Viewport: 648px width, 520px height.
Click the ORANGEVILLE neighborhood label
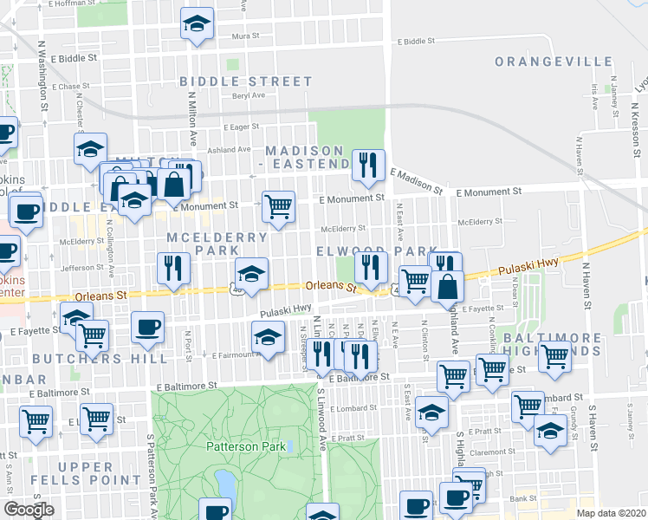tap(553, 62)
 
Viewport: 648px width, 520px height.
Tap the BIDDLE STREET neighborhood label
tap(245, 81)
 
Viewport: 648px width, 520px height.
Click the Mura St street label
tap(247, 36)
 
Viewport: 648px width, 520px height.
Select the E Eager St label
tap(241, 127)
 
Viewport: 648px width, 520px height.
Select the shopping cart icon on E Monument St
tap(278, 207)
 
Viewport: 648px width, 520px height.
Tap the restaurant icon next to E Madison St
tap(368, 165)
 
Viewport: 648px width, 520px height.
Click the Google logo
tap(29, 510)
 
